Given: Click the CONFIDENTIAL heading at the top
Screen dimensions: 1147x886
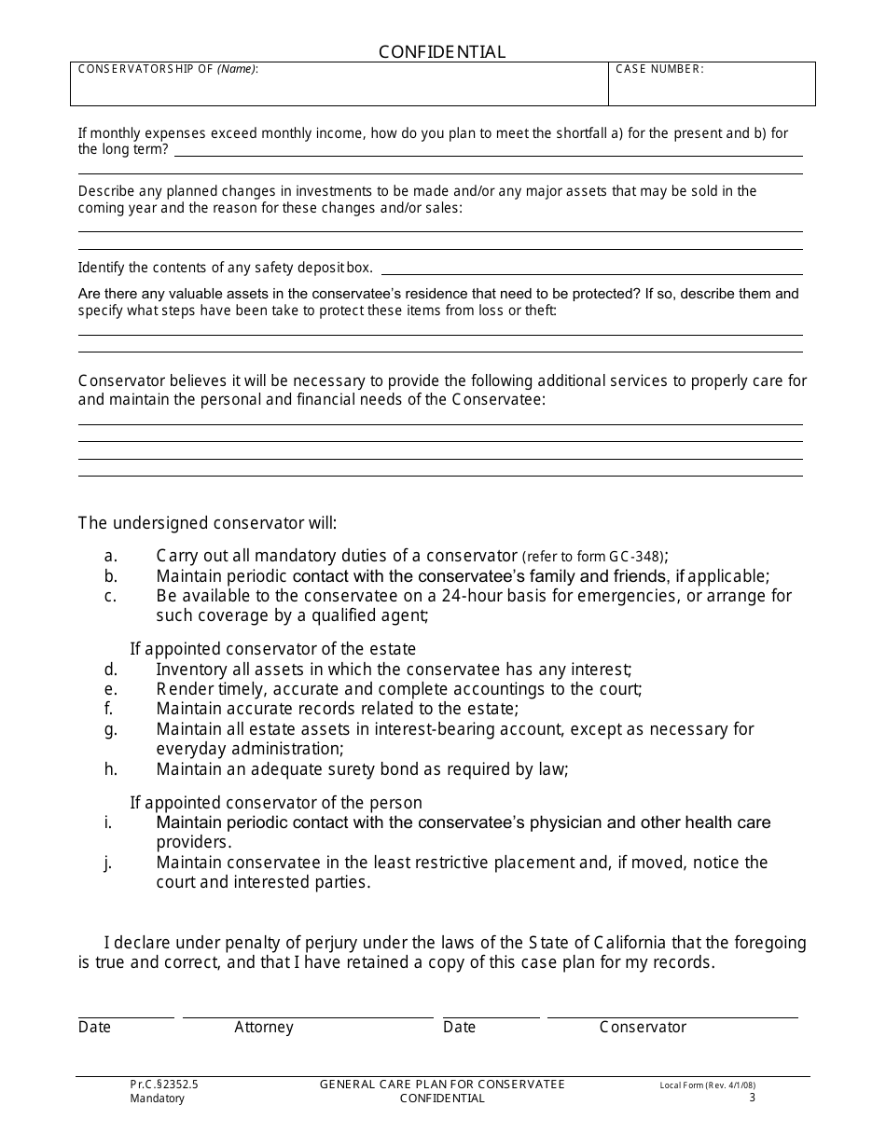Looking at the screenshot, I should click(442, 52).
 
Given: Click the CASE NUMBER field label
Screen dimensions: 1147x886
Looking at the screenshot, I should click(659, 69).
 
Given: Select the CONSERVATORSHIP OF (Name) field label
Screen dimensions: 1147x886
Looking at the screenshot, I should click(168, 69).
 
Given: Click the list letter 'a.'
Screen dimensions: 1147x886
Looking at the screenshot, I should click(111, 556).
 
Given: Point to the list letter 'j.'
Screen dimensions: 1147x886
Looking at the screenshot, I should click(108, 863).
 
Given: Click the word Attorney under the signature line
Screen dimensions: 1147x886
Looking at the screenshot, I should click(264, 1027).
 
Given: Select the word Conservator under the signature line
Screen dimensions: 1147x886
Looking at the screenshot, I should click(643, 1027).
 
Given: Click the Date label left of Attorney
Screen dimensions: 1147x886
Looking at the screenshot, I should click(94, 1027).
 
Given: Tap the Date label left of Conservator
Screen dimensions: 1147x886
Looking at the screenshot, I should click(459, 1027).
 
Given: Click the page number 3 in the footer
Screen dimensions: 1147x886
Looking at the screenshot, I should click(752, 1098).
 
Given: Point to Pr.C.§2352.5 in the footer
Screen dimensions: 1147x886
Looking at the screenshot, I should click(164, 1085).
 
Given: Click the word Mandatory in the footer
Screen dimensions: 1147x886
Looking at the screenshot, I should click(158, 1099).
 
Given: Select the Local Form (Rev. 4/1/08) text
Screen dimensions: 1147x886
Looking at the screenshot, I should click(707, 1085).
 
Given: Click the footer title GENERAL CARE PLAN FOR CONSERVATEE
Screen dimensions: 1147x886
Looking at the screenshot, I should click(442, 1085).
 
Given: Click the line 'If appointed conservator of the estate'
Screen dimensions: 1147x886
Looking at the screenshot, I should click(273, 649).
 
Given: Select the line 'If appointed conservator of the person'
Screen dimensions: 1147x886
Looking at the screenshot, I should click(276, 803).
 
